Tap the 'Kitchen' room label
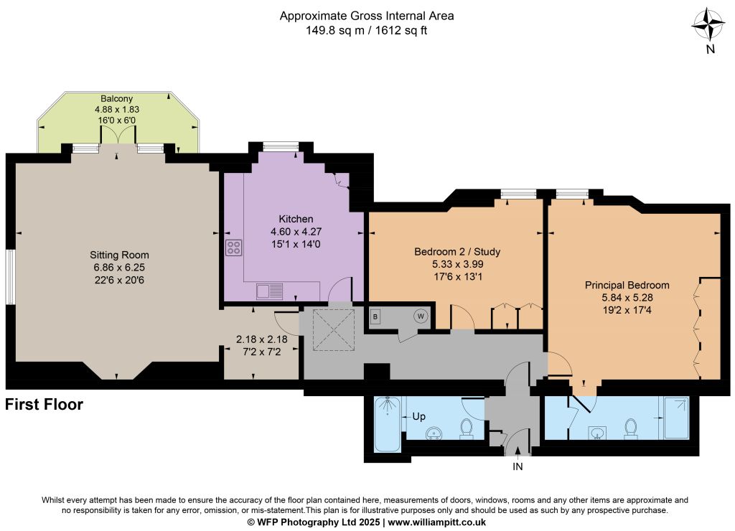point(296,219)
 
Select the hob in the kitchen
point(233,248)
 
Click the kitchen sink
point(270,291)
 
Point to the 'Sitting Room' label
point(120,255)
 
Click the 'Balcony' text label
point(117,98)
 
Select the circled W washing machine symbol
point(421,316)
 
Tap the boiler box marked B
point(375,317)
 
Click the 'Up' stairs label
point(418,416)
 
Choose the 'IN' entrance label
point(518,466)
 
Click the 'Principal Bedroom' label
point(627,285)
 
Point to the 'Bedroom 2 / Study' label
point(457,252)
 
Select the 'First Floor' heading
point(44,404)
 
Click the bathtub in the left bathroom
point(388,423)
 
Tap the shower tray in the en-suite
point(676,418)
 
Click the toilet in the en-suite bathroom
point(630,429)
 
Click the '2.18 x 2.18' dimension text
point(261,339)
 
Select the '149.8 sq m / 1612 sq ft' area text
point(367,30)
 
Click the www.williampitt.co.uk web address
point(436,522)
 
